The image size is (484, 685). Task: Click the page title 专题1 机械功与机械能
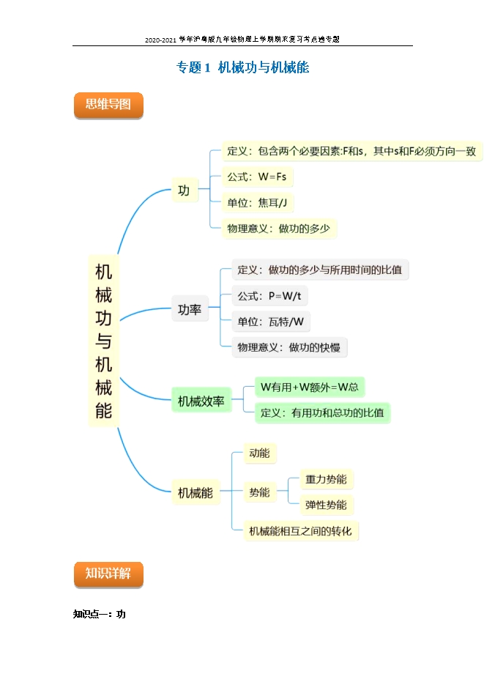242,68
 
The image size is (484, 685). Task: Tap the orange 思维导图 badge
108,105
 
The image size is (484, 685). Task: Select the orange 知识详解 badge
108,574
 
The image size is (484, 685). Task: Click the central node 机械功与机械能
103,340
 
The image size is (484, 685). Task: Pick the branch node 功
183,191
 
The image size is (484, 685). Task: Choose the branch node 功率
190,311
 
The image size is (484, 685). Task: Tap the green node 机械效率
201,401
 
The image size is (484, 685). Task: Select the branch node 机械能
196,494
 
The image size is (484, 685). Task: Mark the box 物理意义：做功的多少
279,229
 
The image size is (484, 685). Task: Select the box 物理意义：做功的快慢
289,347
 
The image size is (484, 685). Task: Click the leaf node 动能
259,453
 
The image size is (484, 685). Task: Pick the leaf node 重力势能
327,480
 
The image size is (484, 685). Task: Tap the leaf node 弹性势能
327,505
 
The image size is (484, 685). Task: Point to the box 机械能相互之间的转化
300,530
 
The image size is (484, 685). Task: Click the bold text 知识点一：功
100,614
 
